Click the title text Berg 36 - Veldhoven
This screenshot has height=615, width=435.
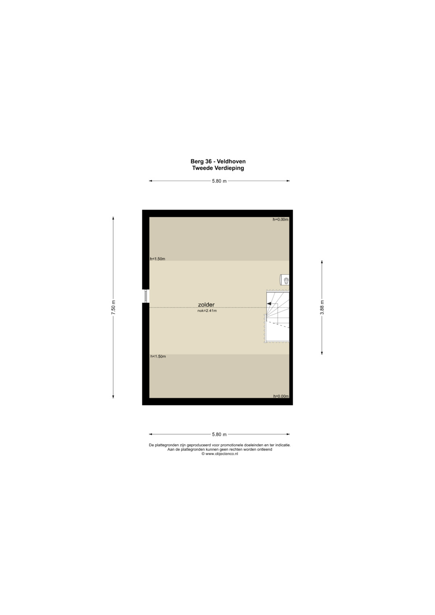click(x=218, y=162)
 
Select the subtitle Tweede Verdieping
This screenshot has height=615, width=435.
click(x=218, y=168)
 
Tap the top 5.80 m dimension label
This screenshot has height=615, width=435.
click(x=219, y=181)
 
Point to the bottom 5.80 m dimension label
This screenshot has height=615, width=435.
click(x=219, y=434)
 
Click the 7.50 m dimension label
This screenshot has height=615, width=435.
click(x=113, y=308)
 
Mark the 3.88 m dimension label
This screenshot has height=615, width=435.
click(x=322, y=308)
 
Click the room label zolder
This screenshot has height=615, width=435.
click(x=206, y=304)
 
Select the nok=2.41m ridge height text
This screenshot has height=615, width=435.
click(x=207, y=311)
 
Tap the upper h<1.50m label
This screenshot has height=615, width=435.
click(x=157, y=259)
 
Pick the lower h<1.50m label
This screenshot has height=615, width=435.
click(x=158, y=356)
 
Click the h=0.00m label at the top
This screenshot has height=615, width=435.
click(x=280, y=219)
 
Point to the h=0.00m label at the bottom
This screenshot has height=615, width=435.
click(x=281, y=396)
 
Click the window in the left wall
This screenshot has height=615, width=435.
click(x=146, y=296)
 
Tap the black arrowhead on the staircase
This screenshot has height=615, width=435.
click(x=269, y=304)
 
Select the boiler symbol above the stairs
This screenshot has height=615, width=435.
click(x=284, y=280)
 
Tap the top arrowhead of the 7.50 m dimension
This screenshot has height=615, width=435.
click(x=113, y=218)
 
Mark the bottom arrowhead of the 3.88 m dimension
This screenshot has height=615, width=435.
click(x=322, y=353)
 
